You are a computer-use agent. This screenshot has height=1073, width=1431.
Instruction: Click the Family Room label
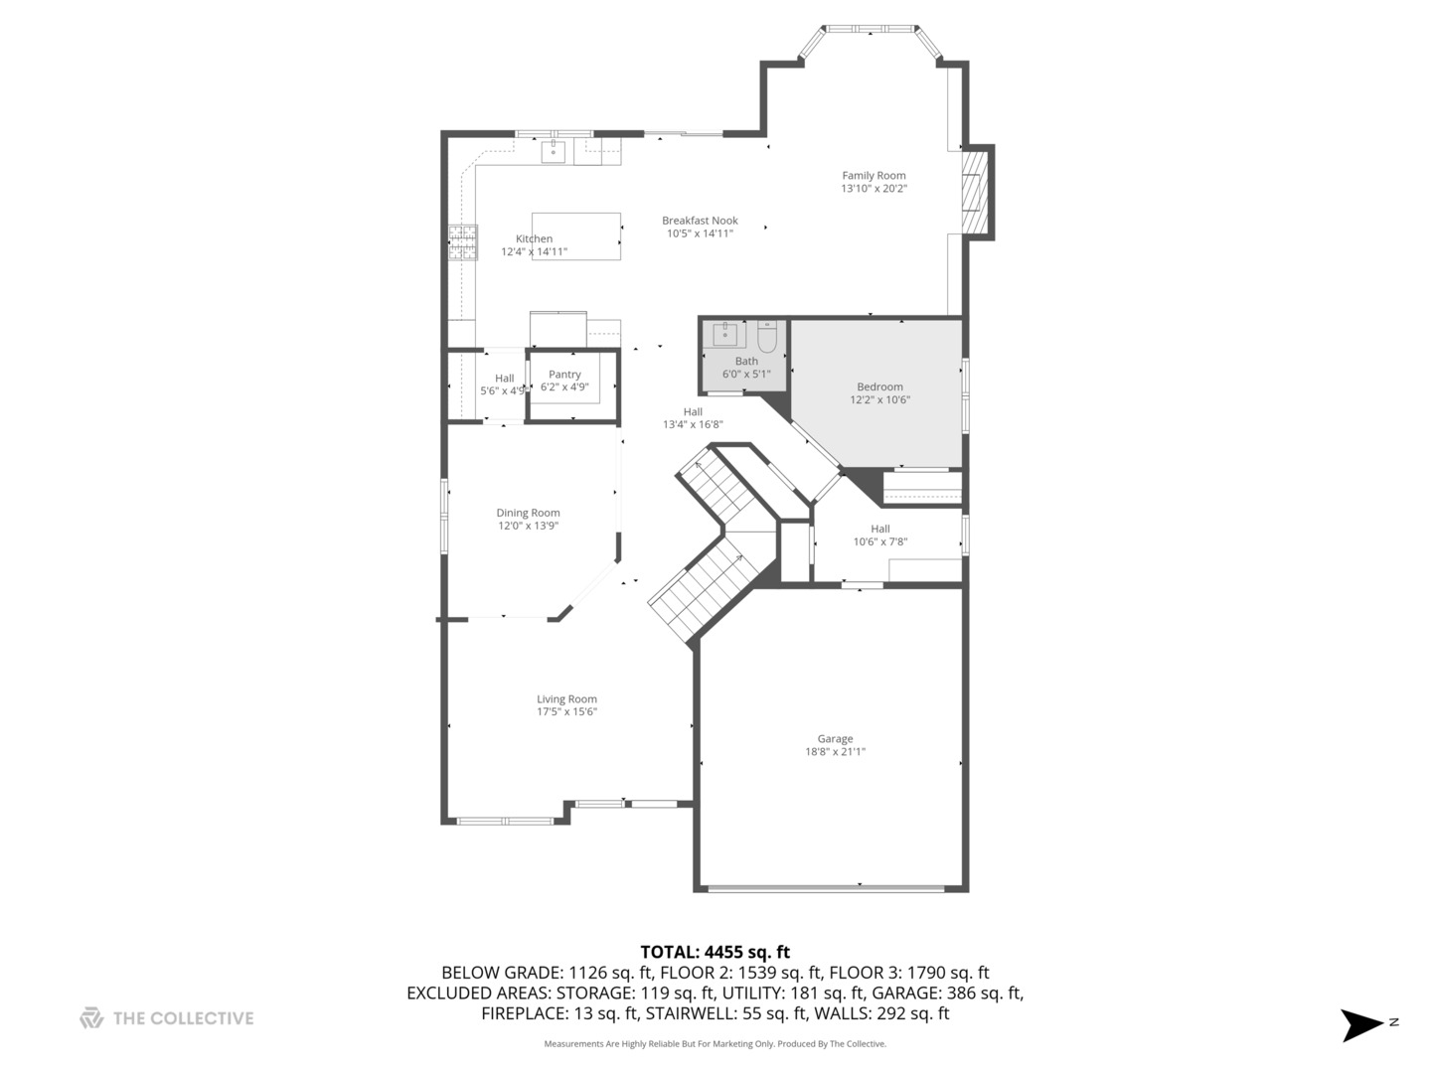[874, 176]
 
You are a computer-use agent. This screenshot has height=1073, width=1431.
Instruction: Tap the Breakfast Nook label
[700, 221]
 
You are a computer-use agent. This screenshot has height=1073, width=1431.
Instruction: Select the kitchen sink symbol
[554, 151]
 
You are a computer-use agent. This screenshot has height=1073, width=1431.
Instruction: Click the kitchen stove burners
[462, 242]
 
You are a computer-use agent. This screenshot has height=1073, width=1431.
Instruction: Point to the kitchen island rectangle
[576, 235]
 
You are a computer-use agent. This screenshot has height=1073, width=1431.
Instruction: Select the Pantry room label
[564, 375]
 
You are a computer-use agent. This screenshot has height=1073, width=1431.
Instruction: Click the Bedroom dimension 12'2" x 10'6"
[879, 400]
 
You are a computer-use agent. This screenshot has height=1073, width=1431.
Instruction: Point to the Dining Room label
[528, 513]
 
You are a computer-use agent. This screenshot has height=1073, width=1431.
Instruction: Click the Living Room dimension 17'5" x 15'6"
[566, 711]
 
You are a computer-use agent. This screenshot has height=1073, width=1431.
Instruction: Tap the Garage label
[835, 738]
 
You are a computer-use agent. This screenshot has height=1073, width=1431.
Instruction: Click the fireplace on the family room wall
[976, 192]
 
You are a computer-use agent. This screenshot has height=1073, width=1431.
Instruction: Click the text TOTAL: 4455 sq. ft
[715, 952]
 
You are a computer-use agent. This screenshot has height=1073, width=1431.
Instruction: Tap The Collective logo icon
[91, 1017]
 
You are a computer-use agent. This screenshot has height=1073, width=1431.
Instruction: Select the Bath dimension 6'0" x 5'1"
[745, 375]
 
